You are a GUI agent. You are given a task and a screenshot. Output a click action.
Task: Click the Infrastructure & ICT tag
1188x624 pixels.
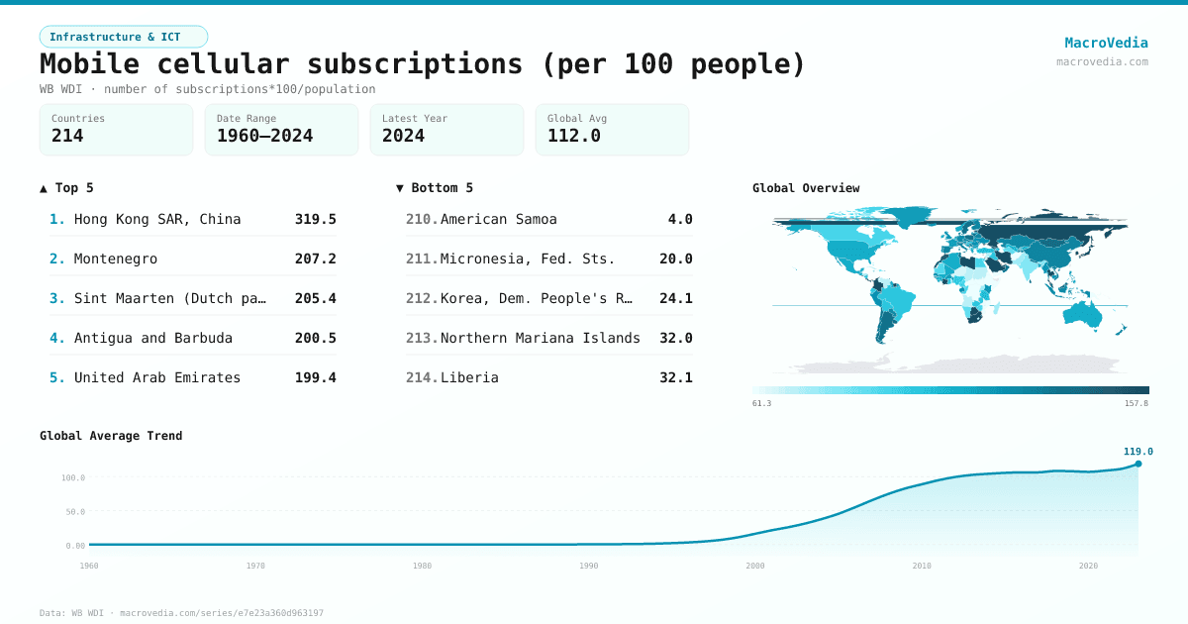(123, 37)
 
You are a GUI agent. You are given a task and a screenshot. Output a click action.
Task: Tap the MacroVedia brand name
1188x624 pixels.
(1106, 43)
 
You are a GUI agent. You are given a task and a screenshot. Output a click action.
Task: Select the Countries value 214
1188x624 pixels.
(67, 136)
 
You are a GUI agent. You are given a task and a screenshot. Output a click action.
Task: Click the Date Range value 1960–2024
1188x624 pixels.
(264, 136)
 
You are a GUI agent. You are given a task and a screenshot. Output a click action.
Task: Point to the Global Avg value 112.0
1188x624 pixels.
(573, 136)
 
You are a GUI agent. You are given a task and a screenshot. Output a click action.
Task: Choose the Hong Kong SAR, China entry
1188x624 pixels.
(157, 219)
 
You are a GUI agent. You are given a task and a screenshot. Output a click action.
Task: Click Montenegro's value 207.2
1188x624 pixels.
(315, 259)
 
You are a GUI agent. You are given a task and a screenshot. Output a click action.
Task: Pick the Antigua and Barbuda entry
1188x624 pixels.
(153, 338)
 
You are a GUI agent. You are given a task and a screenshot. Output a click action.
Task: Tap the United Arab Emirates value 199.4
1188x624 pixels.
(315, 377)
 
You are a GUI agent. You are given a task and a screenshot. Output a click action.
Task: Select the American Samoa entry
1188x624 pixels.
(498, 219)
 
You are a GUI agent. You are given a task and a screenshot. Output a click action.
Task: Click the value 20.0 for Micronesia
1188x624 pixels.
(675, 259)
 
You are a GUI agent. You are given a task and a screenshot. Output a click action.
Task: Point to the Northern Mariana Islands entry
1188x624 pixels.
(540, 338)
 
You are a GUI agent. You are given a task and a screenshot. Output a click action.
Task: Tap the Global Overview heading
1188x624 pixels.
(806, 188)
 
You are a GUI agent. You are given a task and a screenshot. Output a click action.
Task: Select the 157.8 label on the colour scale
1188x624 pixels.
(1137, 403)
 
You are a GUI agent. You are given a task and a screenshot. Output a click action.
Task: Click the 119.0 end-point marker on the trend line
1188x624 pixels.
(1138, 464)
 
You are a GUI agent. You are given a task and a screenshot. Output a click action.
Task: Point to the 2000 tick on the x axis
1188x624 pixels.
(755, 566)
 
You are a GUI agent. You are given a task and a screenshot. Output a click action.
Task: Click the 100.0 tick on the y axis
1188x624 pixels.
(73, 477)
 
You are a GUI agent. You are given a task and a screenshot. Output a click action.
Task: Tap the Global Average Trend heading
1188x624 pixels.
(111, 436)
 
